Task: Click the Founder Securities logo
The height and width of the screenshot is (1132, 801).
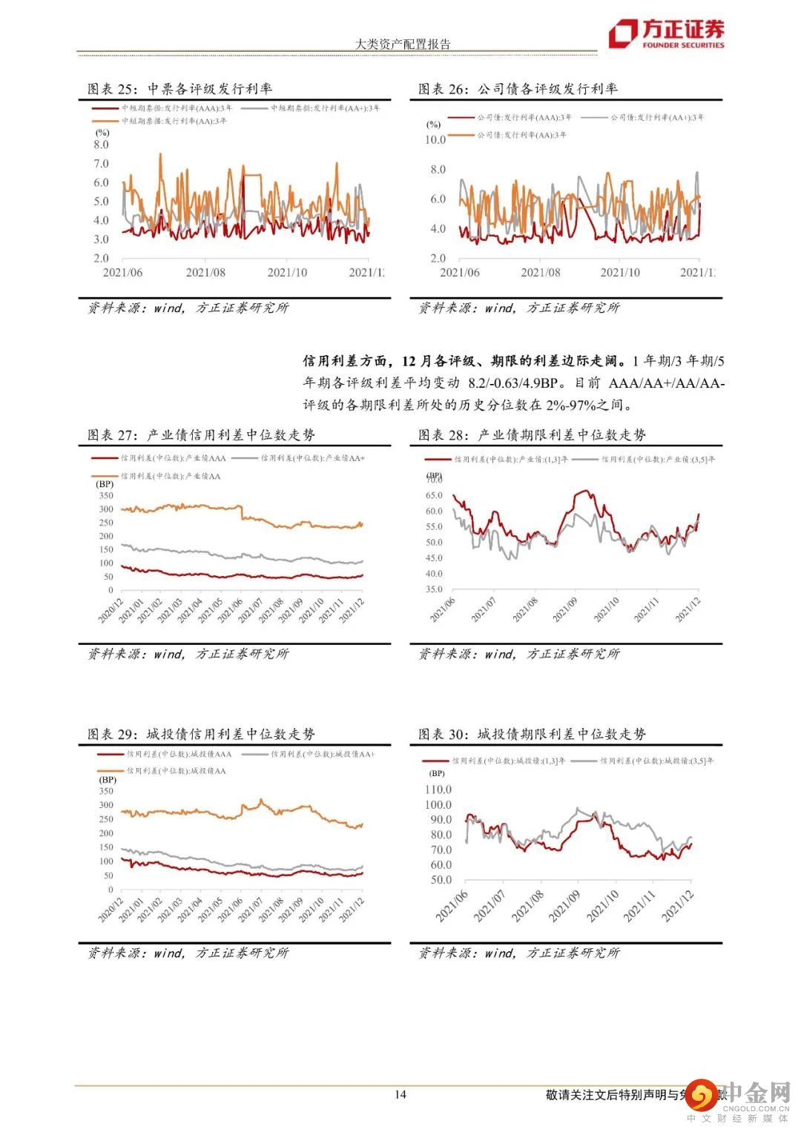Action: click(666, 33)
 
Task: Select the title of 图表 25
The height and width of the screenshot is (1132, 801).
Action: click(179, 89)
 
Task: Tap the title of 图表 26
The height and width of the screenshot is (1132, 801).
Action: click(518, 89)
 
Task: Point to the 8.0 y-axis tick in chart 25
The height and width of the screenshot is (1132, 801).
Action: click(101, 145)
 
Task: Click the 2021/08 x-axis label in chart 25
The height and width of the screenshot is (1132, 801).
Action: click(205, 273)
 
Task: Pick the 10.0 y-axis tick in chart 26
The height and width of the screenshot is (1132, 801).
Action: click(435, 139)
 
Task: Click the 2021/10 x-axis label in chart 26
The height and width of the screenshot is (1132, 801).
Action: click(620, 273)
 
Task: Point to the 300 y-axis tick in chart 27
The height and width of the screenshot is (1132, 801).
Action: click(106, 509)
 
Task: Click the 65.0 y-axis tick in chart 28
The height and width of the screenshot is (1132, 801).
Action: click(434, 495)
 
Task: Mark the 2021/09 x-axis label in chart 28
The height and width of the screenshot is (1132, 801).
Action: click(565, 609)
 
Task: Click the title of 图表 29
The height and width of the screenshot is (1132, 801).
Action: click(200, 734)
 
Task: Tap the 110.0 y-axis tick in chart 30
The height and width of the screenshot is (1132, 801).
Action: click(438, 790)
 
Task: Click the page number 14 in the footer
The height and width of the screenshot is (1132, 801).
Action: click(400, 1094)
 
